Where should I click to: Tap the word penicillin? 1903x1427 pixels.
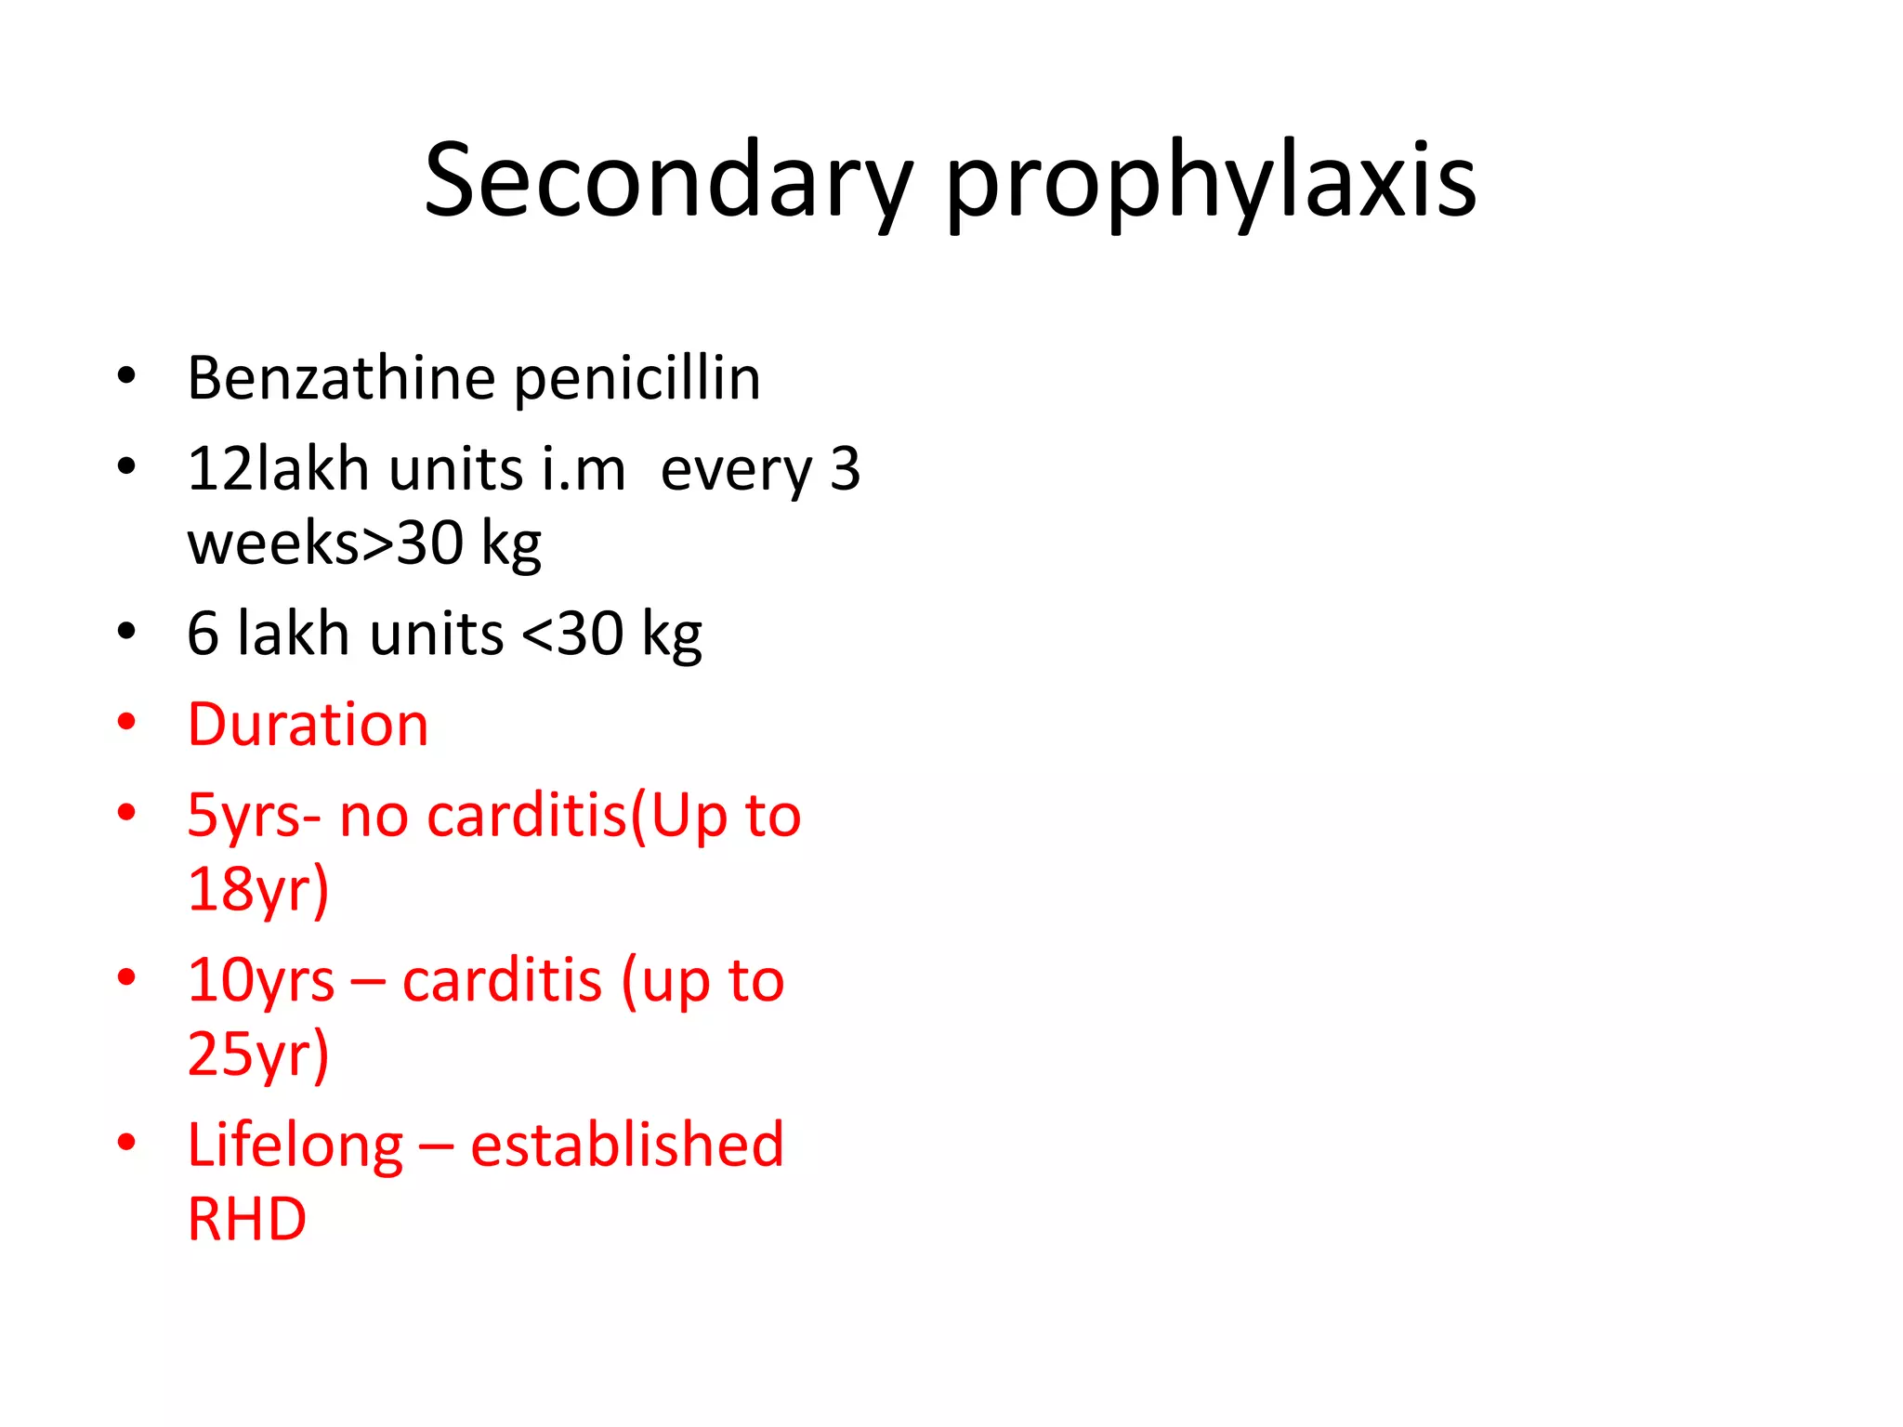click(637, 380)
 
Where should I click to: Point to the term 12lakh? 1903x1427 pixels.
click(278, 468)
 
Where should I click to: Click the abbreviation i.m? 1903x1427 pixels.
click(584, 468)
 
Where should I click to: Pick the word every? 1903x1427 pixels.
click(736, 470)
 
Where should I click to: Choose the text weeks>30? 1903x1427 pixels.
click(325, 543)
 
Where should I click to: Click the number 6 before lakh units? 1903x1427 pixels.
click(203, 635)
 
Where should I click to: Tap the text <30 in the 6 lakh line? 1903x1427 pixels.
click(572, 635)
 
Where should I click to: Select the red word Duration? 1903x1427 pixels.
click(308, 725)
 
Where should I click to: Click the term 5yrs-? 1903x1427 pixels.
click(254, 817)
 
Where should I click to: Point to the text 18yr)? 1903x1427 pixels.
click(258, 890)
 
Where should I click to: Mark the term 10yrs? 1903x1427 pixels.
click(260, 981)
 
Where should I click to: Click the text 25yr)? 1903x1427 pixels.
click(258, 1054)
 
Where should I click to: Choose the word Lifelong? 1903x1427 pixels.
click(295, 1146)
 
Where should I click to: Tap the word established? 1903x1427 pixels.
click(627, 1144)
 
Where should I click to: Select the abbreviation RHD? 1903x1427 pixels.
click(247, 1219)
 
